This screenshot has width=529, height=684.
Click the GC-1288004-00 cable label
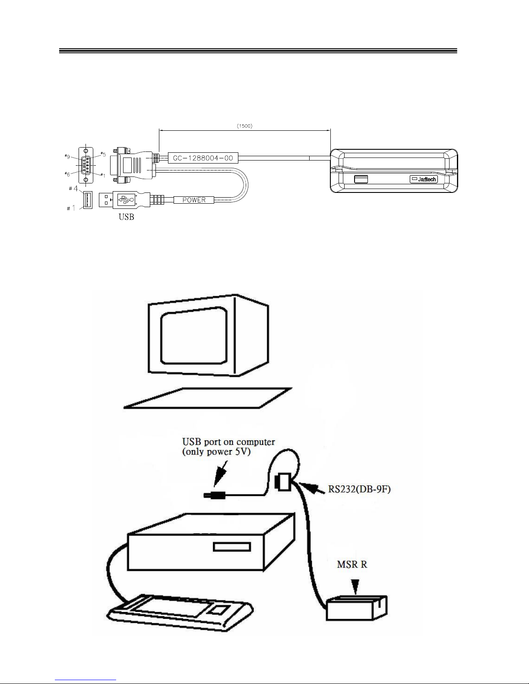coord(203,158)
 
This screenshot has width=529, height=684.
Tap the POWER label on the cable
coord(194,200)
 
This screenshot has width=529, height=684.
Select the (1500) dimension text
coord(244,126)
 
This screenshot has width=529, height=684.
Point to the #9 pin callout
coord(67,156)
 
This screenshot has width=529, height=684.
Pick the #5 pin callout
coord(103,154)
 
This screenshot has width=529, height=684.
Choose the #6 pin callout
coord(67,174)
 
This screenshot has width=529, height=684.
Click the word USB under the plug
coord(126,217)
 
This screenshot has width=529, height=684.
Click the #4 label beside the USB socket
coord(73,189)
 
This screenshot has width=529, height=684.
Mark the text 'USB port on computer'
coord(229,442)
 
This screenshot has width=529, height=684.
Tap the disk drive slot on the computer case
coord(232,547)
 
